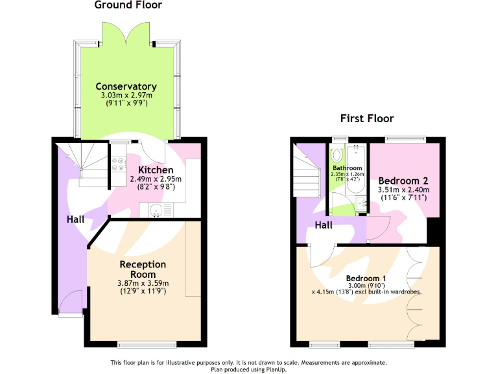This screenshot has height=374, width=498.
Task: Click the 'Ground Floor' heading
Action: coord(128,5)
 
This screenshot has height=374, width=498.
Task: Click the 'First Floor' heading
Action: coord(367,118)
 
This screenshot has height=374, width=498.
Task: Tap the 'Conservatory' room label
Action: coord(126,86)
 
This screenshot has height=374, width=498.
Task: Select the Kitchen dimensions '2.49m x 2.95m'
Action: coord(156,179)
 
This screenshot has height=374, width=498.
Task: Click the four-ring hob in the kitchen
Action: coord(119,164)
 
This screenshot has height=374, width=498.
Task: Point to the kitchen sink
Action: coord(156,210)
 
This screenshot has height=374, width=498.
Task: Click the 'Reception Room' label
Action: coord(143,269)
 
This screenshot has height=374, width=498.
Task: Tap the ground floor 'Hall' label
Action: coord(75,219)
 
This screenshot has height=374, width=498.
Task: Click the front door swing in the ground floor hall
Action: coord(72,301)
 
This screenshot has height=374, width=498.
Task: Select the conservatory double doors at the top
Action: coord(126,32)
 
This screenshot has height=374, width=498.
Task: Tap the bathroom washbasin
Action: coord(361,206)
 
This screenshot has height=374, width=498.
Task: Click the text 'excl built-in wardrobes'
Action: coord(388,292)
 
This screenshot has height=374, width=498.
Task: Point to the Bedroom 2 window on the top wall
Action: coord(405,139)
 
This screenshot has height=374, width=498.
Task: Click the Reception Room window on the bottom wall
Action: coord(146,344)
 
